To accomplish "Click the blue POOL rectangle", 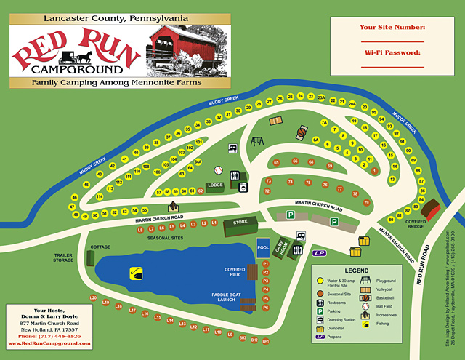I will coord(263,246).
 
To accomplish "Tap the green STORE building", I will coord(240,222).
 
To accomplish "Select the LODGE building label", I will coord(216,185).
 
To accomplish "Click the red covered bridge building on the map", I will coord(432,209).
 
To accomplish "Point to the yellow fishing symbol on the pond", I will coord(135,273).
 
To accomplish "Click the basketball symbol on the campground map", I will coord(299,134).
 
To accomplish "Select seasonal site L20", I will coord(93,298).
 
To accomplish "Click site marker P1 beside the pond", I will coord(266,263).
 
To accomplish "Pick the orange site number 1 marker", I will coord(374,170).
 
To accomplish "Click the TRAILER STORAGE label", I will coord(65,257).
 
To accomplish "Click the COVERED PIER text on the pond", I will coord(234,272).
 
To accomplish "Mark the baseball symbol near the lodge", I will coord(217,170).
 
